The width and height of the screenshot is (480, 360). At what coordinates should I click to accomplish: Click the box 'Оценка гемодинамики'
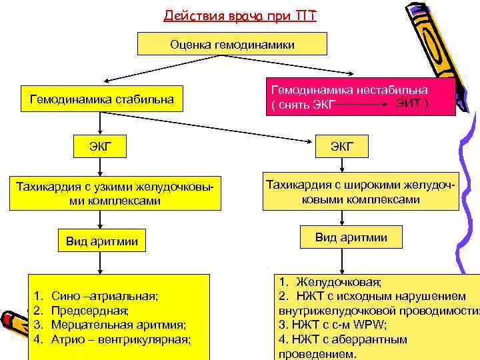point(232,44)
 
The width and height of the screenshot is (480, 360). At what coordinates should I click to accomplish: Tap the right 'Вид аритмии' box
point(351,237)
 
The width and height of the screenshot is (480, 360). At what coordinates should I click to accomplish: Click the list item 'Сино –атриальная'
point(104,295)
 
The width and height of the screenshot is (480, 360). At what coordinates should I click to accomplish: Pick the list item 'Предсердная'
point(90,310)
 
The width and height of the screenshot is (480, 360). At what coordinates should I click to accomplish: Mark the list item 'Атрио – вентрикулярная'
point(120,339)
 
